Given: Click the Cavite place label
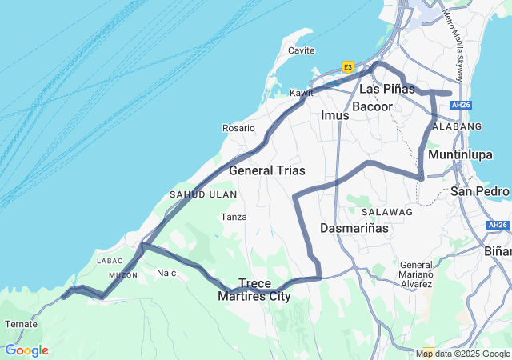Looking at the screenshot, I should coord(301,50).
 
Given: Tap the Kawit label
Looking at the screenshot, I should coord(301,93).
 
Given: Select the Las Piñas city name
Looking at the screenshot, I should coord(387,88).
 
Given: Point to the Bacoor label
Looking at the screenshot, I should coord(372,106).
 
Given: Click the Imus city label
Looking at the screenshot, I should coord(335,115).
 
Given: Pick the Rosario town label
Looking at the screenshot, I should coord(238,128).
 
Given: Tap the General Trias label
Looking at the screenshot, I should coord(266,170).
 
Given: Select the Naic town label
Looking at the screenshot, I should coord(166,273).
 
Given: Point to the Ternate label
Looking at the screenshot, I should coord(21,324).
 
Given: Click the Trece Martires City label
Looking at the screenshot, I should coord(254,290).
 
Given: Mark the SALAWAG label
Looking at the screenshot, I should coord(386,212).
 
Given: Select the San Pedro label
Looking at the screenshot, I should coord(480,191).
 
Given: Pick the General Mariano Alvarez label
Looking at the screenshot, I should coord(416,274).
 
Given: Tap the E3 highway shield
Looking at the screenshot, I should coord(348,67).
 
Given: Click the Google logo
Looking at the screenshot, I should coord(26,350).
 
